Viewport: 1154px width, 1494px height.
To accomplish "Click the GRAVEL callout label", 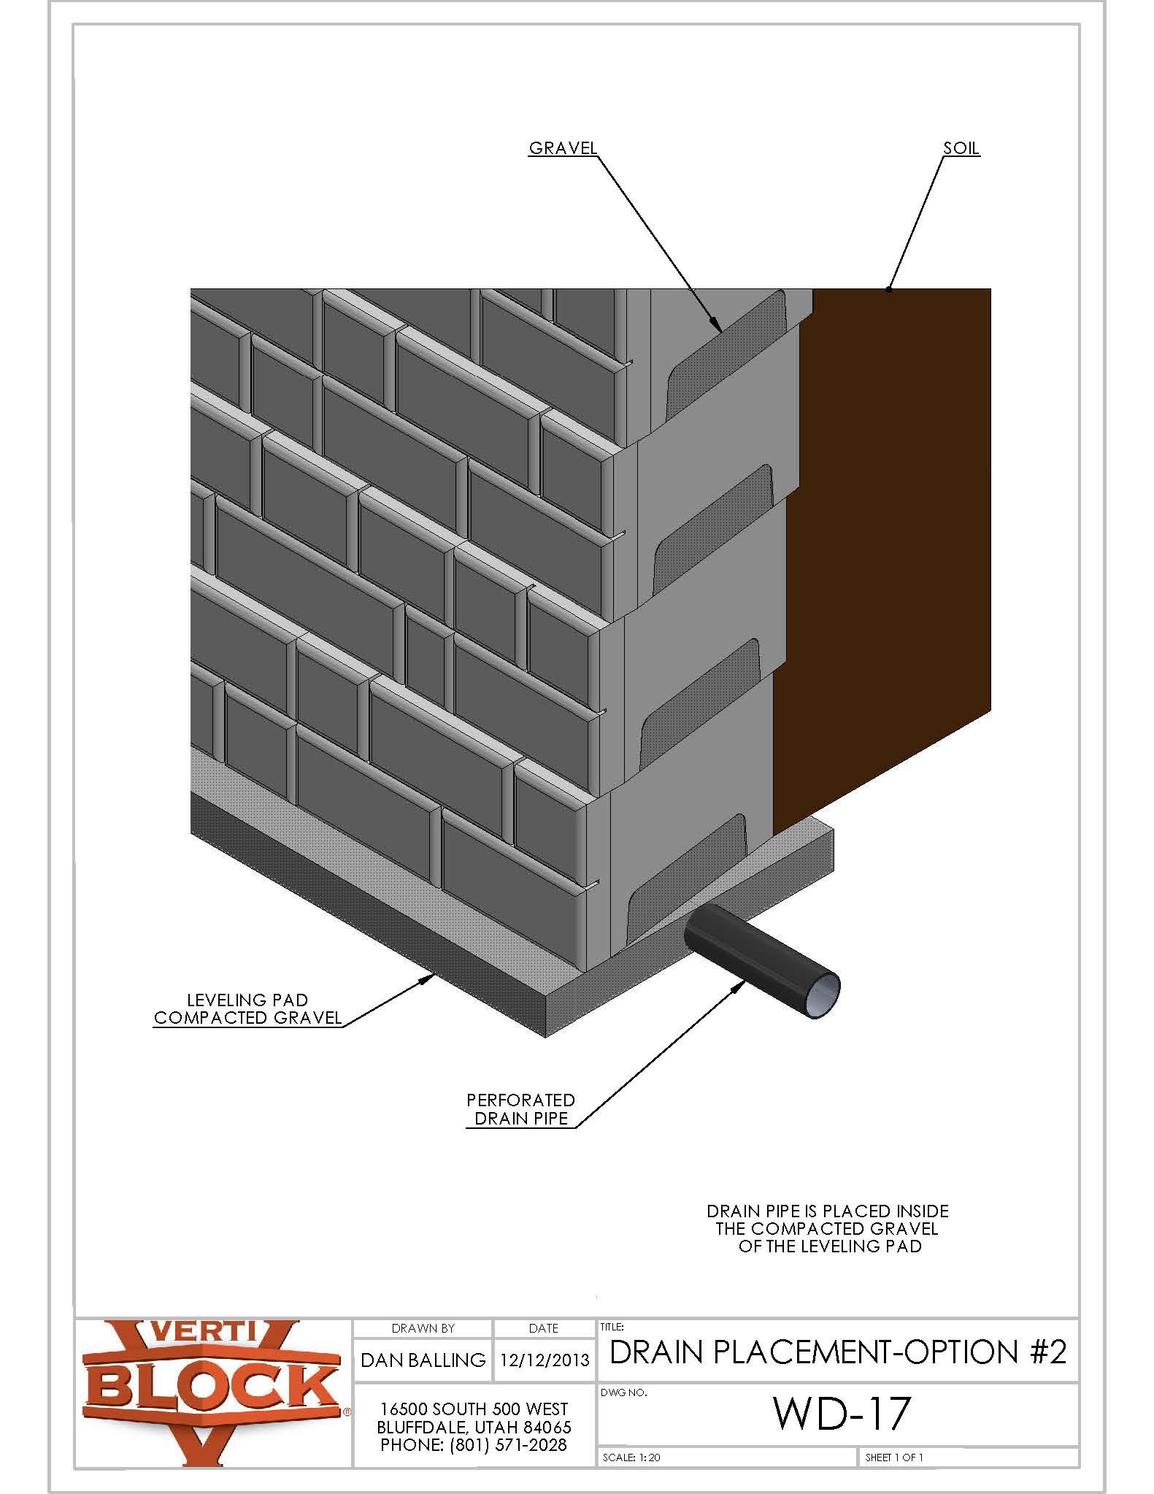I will [x=562, y=148].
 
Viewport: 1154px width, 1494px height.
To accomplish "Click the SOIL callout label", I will [x=961, y=148].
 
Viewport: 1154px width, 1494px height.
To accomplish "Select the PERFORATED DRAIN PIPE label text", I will [x=521, y=1108].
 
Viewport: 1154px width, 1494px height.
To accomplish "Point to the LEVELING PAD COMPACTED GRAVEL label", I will [x=247, y=1008].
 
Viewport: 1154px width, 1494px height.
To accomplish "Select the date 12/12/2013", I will [x=544, y=1360].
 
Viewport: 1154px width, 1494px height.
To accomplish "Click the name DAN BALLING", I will [x=423, y=1360].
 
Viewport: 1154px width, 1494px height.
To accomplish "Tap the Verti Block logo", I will [x=212, y=1391].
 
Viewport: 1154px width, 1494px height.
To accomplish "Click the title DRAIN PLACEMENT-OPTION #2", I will [x=837, y=1352].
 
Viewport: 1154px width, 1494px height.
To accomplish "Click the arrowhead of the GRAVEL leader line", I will [x=719, y=329].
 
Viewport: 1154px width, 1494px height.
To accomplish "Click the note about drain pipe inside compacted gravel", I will [x=828, y=1228].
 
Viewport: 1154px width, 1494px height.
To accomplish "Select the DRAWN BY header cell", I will [x=423, y=1328].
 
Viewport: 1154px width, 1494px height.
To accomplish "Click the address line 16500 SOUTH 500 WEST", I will [x=474, y=1409].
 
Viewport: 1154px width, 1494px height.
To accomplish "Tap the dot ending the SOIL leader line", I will [x=889, y=290].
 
